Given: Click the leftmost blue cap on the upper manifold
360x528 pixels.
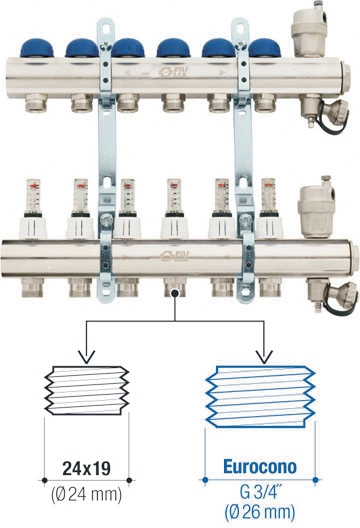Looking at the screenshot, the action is click(x=37, y=48).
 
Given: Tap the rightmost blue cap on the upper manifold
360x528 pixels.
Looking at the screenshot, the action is click(x=264, y=48).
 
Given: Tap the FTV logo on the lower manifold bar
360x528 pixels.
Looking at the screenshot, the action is click(x=175, y=256).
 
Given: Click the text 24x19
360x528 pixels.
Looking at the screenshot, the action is click(x=87, y=468).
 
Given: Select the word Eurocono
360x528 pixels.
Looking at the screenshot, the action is click(x=260, y=466).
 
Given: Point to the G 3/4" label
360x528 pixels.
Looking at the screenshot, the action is click(x=259, y=492).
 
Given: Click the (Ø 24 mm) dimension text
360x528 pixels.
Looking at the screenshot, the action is click(x=87, y=495).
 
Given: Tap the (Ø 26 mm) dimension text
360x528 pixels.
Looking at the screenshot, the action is click(x=260, y=512).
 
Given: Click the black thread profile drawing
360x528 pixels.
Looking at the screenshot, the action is click(x=87, y=391).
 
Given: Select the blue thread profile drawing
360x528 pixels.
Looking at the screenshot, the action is click(x=260, y=396).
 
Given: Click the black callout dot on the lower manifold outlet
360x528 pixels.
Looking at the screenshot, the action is click(x=174, y=293).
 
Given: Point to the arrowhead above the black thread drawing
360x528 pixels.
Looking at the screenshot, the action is click(x=87, y=358).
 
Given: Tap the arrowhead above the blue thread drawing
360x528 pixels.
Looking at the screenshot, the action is click(x=264, y=358).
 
